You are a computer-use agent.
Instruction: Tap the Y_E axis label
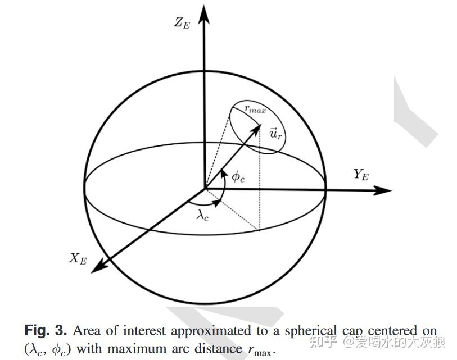click(361, 175)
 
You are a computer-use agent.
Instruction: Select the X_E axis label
click(77, 259)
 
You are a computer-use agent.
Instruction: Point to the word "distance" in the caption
click(219, 348)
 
